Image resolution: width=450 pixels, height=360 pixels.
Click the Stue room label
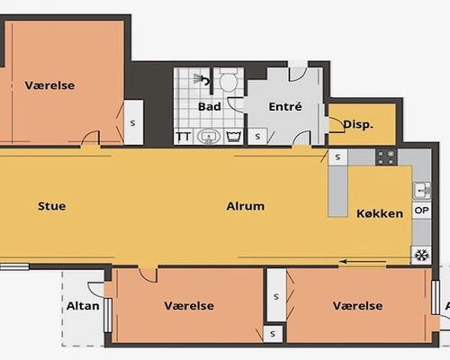click(x=52, y=206)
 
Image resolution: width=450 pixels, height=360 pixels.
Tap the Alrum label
click(x=246, y=206)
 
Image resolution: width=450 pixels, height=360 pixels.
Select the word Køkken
click(x=380, y=213)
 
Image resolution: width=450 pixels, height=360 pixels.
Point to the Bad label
click(x=210, y=106)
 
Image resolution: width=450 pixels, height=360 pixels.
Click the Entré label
click(x=285, y=106)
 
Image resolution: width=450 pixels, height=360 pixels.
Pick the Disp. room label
click(x=358, y=124)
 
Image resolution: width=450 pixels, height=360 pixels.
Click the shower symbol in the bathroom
click(x=202, y=79)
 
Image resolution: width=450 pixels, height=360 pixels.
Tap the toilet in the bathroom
click(x=229, y=79)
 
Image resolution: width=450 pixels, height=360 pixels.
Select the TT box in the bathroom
click(x=184, y=137)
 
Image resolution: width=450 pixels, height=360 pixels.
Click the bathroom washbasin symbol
click(x=209, y=137)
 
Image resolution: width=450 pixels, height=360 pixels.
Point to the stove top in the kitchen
click(x=386, y=157)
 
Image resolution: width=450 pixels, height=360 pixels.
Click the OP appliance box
click(x=421, y=211)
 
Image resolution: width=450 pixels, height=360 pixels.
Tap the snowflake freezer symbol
click(x=421, y=256)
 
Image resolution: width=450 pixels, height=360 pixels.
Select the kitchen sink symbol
click(x=422, y=191)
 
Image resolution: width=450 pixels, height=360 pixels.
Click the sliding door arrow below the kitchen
click(x=363, y=262)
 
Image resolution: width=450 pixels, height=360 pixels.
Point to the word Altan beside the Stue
click(x=83, y=306)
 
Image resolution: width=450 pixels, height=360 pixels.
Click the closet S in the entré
click(x=257, y=137)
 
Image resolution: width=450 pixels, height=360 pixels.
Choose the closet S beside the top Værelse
click(x=133, y=122)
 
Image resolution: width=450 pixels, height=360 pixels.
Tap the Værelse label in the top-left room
click(x=49, y=85)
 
